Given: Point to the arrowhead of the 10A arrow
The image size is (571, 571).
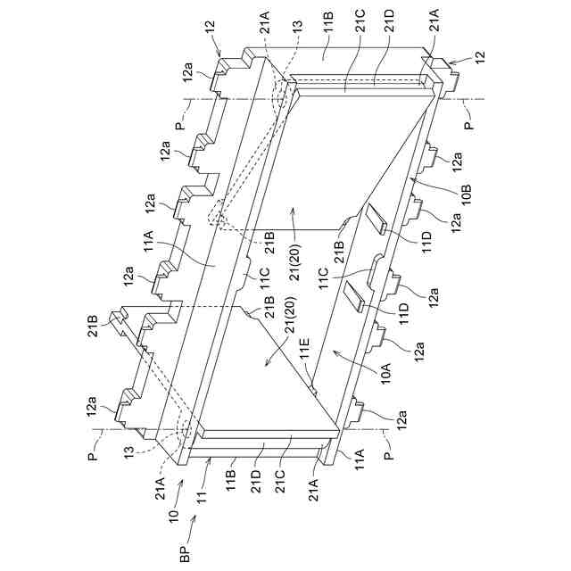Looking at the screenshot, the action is click(333, 351).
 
